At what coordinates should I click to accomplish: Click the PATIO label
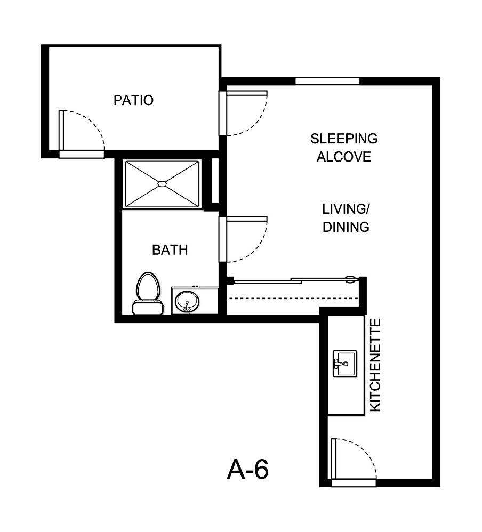point(133,100)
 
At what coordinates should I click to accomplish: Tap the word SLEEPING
point(344,139)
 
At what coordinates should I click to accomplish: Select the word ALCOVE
point(344,157)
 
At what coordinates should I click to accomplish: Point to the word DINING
point(346,227)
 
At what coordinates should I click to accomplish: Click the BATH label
point(170,249)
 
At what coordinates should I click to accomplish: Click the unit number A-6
point(247,470)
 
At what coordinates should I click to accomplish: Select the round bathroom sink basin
point(187,302)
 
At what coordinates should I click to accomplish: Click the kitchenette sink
point(344,364)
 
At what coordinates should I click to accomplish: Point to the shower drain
point(162,184)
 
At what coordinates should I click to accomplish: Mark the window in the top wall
point(327,81)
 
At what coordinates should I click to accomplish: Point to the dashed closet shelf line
point(293,297)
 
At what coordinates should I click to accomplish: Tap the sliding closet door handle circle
point(350,278)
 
